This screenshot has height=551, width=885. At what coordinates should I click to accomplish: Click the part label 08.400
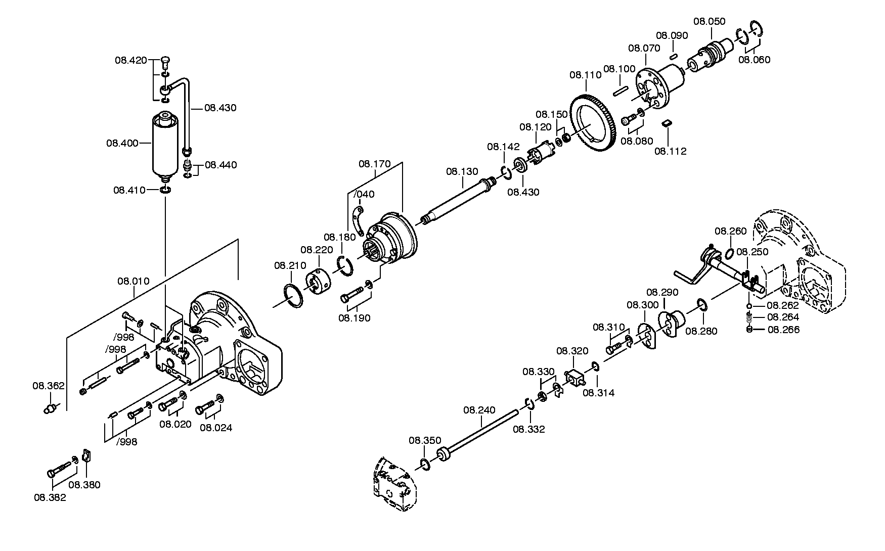point(122,143)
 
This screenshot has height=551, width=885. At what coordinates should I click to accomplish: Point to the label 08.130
point(462,172)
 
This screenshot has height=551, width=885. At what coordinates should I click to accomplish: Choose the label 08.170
point(375,164)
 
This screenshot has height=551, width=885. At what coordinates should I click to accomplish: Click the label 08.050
point(709,21)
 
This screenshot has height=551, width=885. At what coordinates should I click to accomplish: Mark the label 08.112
point(671,151)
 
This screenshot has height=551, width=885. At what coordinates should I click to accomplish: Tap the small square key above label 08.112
point(667,122)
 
